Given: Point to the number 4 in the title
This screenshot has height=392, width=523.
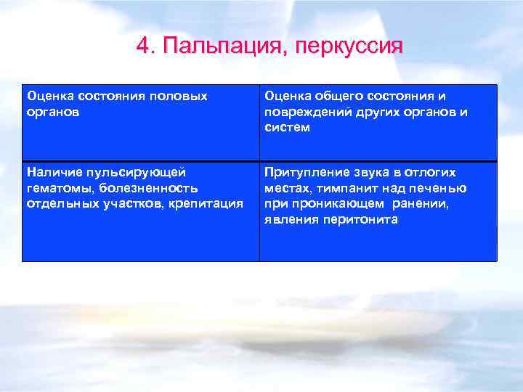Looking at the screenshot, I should pos(143,46).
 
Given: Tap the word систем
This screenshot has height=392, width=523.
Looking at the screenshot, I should pos(287,128).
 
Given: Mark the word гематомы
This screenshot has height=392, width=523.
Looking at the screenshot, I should pos(57,188).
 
